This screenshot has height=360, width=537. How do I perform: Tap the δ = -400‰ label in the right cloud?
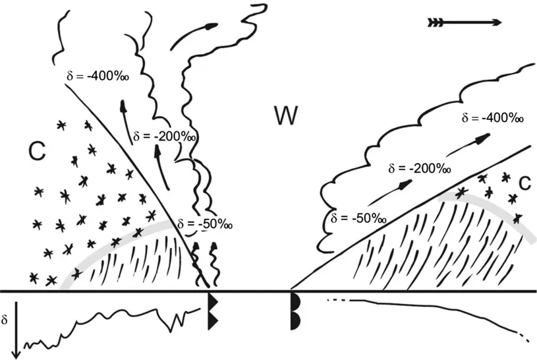(x=493, y=119)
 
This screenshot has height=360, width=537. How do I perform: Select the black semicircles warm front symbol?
(x=295, y=311)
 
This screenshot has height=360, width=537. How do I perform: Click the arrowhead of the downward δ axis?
(x=16, y=352)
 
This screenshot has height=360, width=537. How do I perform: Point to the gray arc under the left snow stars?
(x=112, y=238)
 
